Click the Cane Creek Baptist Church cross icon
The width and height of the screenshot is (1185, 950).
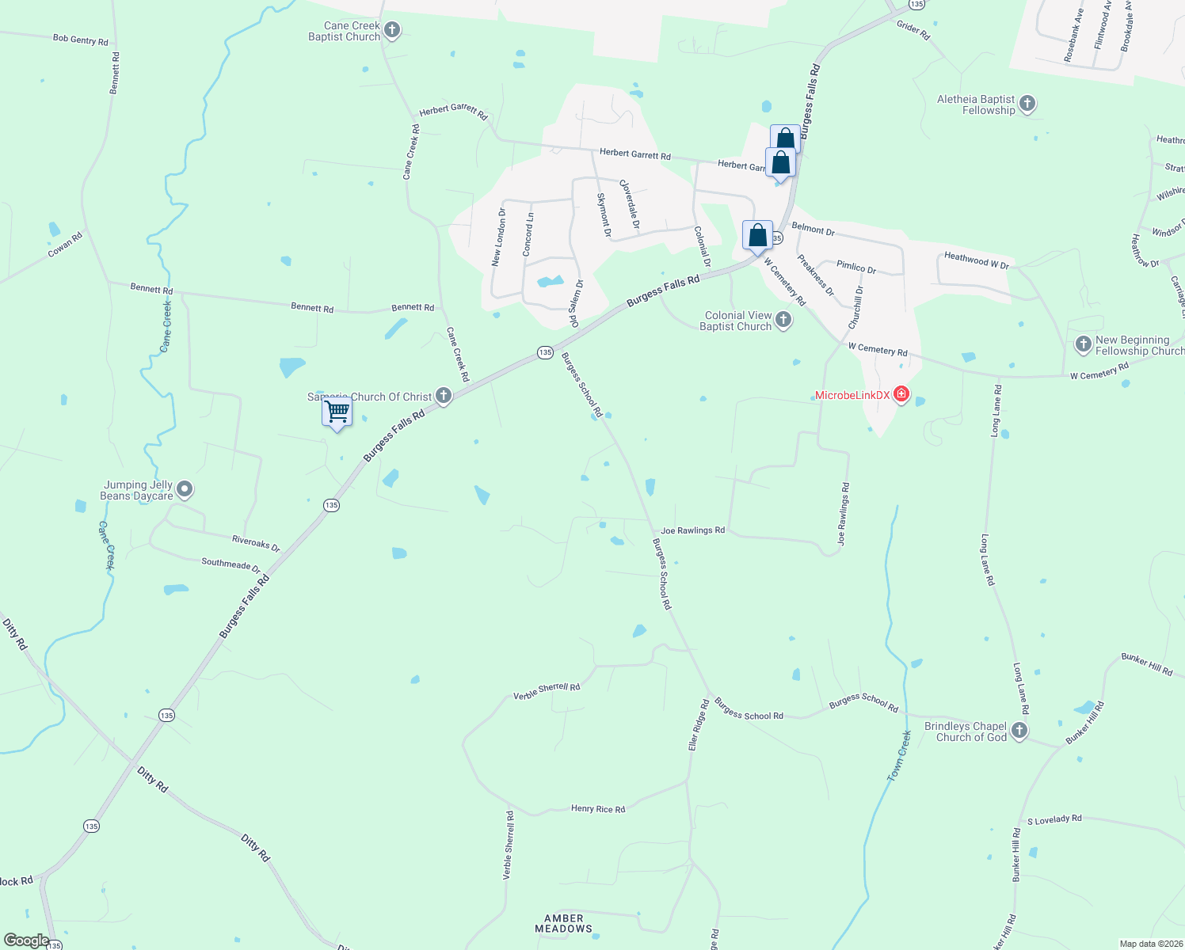point(392,31)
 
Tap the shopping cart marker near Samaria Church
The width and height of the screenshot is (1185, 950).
point(337,412)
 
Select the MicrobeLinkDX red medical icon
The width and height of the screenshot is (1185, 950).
point(901,394)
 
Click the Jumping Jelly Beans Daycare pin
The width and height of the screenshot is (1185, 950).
point(185,490)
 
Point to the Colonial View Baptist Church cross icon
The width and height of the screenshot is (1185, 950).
point(783,320)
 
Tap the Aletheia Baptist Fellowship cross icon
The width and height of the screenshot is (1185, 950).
point(1027,104)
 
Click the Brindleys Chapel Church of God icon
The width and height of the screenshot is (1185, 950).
point(1019,731)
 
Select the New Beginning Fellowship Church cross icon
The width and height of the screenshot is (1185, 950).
point(1084,344)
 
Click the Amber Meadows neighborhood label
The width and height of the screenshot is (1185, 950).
point(563,923)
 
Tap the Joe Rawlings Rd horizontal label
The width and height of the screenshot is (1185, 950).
point(692,530)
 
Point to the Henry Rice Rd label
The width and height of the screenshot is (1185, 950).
point(598,809)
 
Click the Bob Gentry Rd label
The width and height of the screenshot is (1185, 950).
point(80,40)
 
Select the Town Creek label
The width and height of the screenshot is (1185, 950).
point(899,756)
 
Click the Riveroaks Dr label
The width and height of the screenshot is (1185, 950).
point(256,543)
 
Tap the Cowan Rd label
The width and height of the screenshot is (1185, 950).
point(65,245)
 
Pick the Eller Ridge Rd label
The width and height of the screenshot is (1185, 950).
point(698,725)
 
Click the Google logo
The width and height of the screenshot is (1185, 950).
point(26,940)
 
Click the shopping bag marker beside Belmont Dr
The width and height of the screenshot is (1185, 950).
point(757,236)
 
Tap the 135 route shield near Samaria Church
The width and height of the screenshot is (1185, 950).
point(545,352)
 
